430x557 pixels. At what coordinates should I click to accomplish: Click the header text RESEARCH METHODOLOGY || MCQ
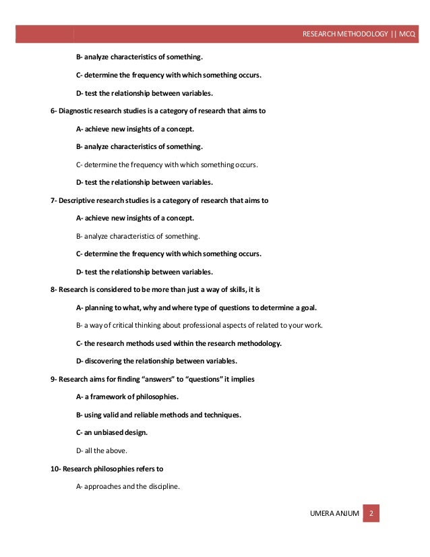coord(359,33)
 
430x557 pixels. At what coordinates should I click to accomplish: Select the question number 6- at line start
coord(54,111)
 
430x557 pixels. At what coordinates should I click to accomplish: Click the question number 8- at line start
coord(54,290)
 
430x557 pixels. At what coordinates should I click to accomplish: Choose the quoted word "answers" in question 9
coord(169,379)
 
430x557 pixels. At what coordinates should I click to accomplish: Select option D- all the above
coord(102,450)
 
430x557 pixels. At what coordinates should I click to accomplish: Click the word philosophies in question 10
coord(114,468)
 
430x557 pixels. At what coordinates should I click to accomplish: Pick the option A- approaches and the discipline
coord(128,486)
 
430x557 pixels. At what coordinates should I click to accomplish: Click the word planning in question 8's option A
coord(98,307)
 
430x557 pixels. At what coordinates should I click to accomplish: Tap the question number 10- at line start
coord(56,468)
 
